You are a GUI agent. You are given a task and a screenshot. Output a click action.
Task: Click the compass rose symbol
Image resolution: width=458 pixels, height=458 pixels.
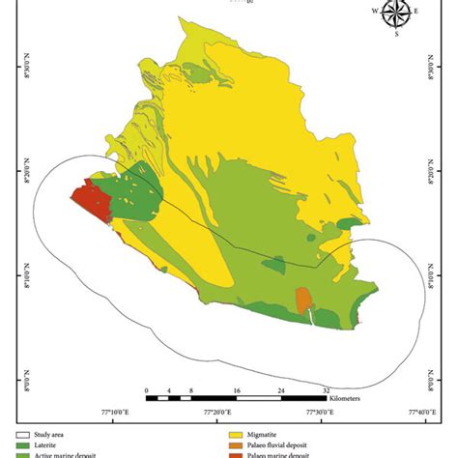coord(395,14)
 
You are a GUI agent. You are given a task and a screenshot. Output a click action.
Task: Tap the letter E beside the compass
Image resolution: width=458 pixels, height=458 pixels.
coord(416,12)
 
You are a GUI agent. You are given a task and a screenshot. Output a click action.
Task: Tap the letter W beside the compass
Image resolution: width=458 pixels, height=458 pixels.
coord(376,12)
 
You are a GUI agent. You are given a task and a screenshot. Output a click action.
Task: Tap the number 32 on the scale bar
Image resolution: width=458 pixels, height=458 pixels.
coord(326,390)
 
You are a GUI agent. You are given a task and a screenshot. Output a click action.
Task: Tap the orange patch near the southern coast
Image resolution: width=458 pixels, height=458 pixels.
coord(304,301)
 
